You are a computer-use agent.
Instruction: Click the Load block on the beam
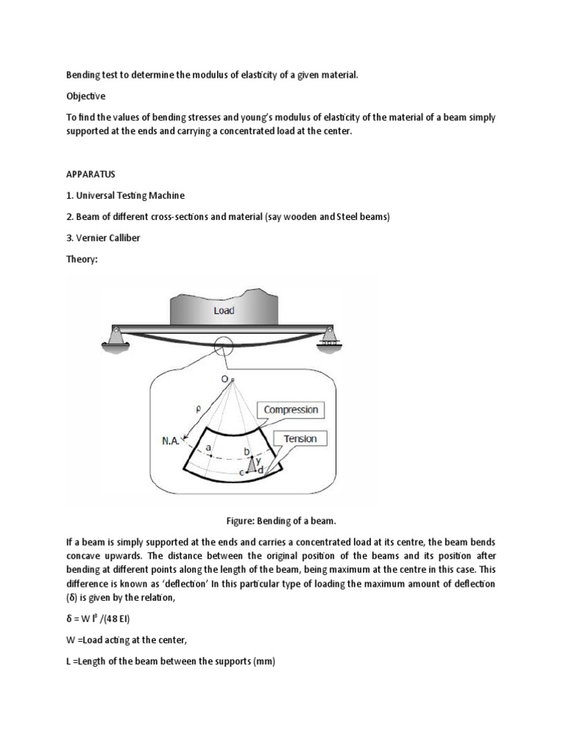224,309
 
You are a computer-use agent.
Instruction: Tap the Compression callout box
290,409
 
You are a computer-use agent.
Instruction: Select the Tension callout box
301,439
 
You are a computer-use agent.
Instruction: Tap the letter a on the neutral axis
209,447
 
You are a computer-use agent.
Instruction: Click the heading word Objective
86,96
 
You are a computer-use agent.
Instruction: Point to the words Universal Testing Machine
130,197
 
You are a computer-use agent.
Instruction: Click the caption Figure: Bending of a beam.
281,520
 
